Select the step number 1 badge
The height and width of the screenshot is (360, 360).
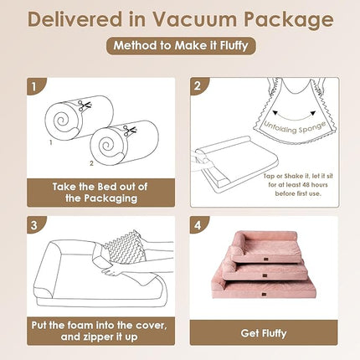tap(32, 85)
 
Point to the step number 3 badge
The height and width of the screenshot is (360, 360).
tap(32, 224)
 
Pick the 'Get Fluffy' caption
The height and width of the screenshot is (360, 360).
tap(264, 332)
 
